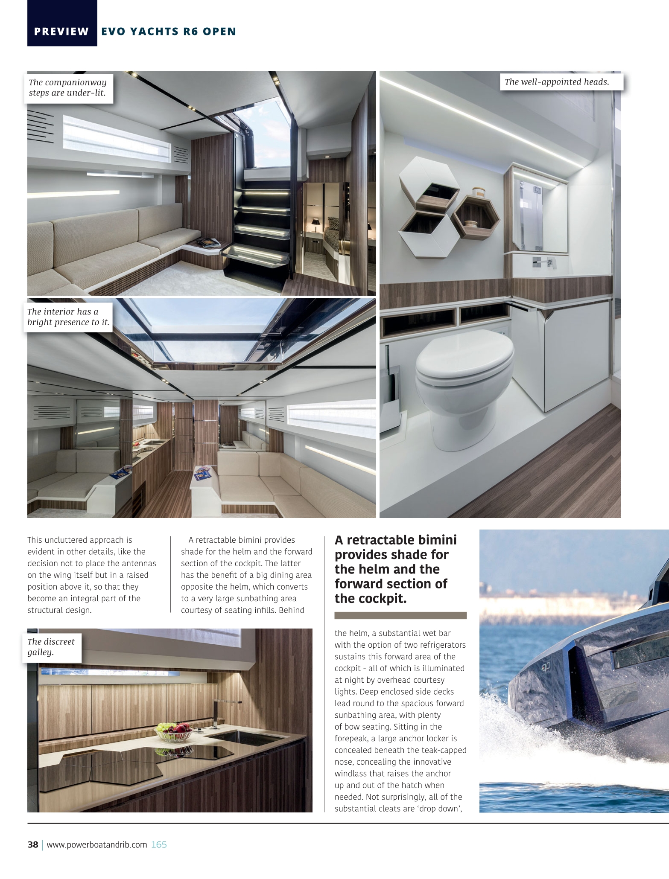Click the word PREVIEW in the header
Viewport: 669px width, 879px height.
(61, 32)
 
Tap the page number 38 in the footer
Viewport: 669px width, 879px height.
(33, 844)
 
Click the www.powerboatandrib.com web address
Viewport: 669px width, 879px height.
(97, 844)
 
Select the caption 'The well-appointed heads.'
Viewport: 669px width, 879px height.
(557, 82)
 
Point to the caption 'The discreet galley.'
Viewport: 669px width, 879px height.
(51, 647)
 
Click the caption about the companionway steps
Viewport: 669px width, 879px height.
(68, 87)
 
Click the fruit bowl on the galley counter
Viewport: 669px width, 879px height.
(172, 731)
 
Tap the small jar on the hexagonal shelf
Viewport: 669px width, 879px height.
(477, 192)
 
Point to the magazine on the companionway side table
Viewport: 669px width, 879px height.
(211, 242)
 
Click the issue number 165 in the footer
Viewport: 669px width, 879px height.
(159, 844)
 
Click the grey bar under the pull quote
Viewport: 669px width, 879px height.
(400, 615)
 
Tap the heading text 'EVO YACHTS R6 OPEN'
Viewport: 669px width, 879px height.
(169, 32)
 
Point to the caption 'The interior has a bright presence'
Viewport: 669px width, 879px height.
(68, 317)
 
